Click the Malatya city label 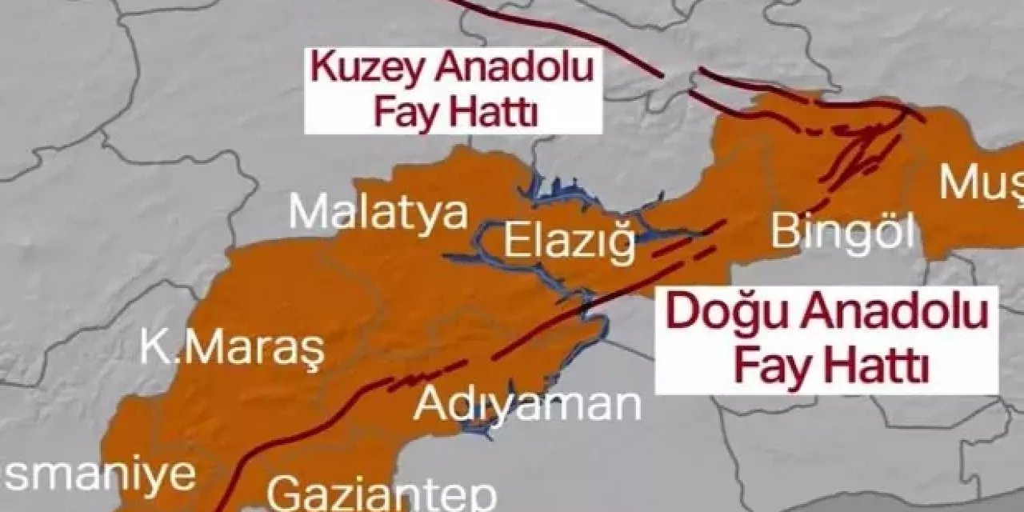point(378,214)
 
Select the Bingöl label point(842,233)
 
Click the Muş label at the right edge point(980,183)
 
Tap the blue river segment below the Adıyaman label point(478,432)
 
